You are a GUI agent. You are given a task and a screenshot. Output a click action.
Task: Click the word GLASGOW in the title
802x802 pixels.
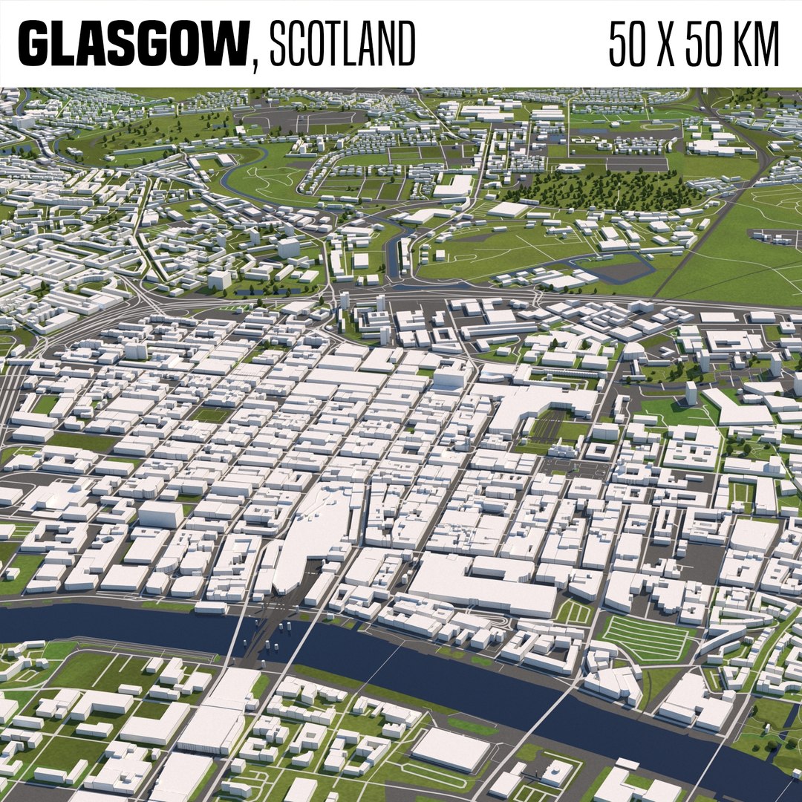pos(131,44)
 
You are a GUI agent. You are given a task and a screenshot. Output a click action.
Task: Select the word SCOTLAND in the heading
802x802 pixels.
pos(342,44)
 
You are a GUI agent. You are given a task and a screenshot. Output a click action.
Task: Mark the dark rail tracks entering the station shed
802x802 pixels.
pos(550,427)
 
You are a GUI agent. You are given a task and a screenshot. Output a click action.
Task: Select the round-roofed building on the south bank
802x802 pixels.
pos(556,773)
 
